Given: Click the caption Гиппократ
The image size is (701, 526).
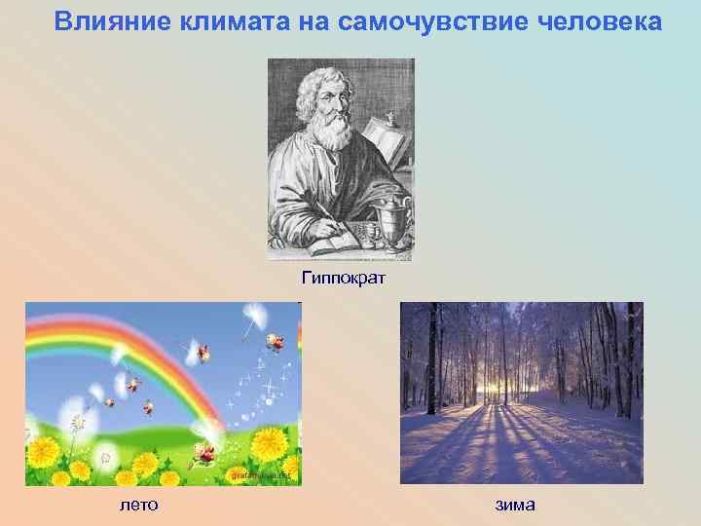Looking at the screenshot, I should (x=344, y=280).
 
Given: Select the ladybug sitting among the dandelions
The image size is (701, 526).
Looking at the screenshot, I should (x=204, y=451).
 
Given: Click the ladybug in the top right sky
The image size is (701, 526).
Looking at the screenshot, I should (x=275, y=341).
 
